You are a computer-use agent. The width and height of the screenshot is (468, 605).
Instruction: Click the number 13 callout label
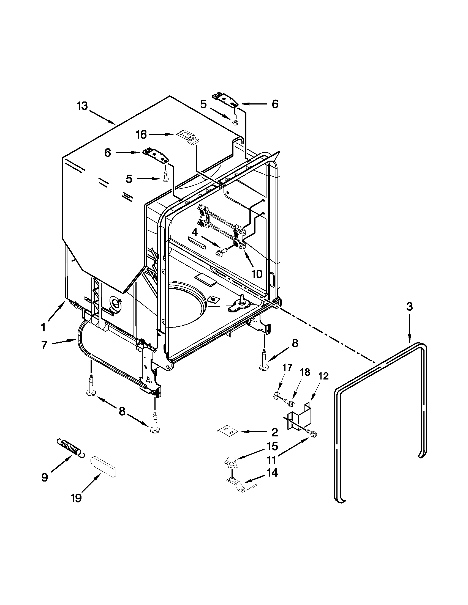pos(82,106)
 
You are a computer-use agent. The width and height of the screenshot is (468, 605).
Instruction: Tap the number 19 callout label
pos(76,498)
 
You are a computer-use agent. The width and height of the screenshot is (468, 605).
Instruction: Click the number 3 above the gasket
pos(409,307)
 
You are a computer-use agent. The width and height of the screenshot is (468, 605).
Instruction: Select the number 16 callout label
pos(141,135)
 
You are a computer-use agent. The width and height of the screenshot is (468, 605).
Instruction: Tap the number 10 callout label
pos(257,274)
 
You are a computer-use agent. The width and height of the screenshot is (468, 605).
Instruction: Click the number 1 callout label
pos(43,328)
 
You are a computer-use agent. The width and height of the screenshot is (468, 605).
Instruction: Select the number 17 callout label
pos(287,367)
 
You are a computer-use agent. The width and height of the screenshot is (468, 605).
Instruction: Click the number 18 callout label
pos(305,372)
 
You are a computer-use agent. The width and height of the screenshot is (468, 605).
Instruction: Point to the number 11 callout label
pos(272,460)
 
